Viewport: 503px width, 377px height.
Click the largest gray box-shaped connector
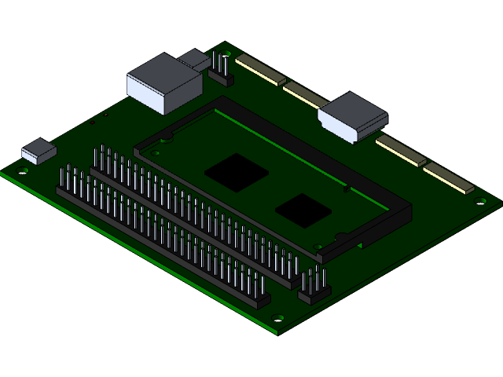[x=163, y=82]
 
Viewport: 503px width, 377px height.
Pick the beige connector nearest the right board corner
[x=449, y=179]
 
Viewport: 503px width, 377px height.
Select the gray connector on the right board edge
[x=353, y=115]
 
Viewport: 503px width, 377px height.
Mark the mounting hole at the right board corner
[x=481, y=201]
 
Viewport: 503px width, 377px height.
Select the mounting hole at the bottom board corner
[x=277, y=318]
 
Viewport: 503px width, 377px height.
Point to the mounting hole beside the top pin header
[x=228, y=53]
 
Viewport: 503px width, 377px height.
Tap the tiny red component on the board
[x=92, y=123]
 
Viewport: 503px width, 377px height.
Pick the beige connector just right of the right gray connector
[x=400, y=152]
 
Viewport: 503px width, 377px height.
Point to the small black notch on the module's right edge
[x=346, y=188]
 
